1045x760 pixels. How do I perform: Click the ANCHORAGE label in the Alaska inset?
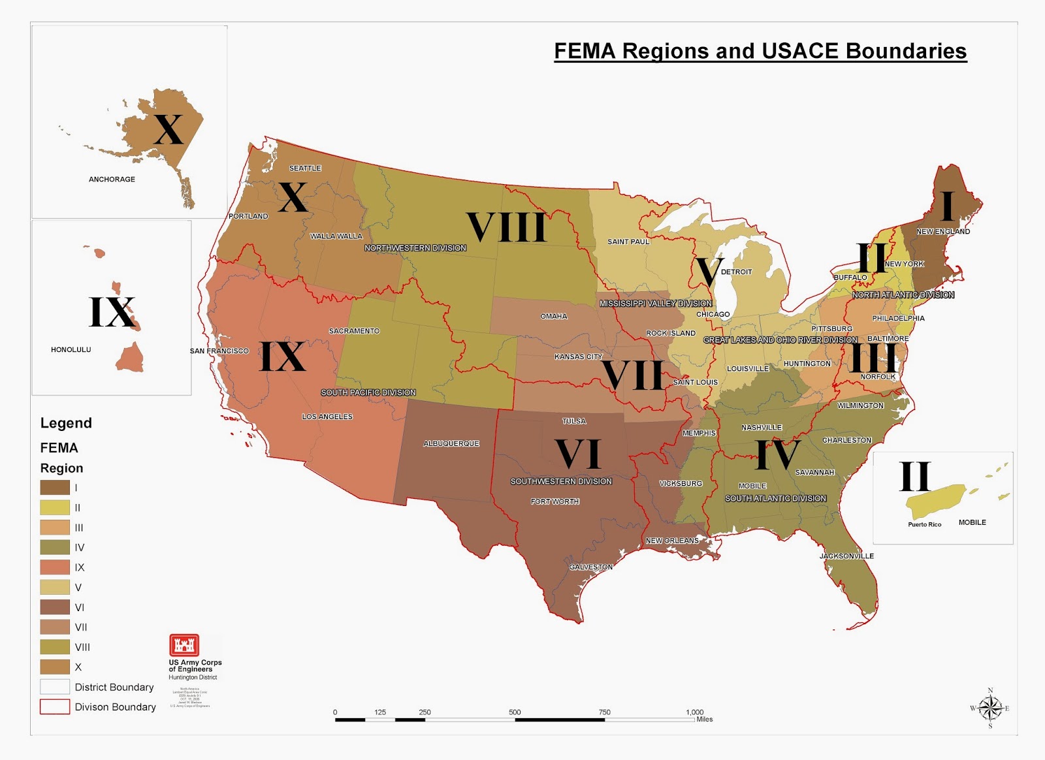point(112,179)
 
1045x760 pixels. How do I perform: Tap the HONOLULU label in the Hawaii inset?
point(71,350)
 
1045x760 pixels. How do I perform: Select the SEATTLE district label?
point(305,168)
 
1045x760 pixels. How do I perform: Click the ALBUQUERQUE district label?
point(451,444)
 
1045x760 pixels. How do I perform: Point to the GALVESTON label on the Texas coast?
point(591,567)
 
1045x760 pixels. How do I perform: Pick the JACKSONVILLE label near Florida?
point(846,556)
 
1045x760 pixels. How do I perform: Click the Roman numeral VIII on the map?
point(507,228)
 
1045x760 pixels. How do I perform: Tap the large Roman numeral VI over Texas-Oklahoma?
point(578,454)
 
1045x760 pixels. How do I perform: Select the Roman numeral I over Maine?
point(947,206)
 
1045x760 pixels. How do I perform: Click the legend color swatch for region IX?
point(55,567)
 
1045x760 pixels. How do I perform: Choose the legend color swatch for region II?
point(55,507)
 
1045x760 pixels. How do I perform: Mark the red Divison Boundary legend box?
point(55,707)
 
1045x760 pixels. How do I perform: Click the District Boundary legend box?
point(55,687)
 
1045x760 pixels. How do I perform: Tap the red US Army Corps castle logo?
point(184,645)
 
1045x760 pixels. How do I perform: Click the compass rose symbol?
point(990,708)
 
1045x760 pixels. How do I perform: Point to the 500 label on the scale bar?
point(515,712)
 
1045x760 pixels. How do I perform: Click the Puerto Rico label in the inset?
point(924,525)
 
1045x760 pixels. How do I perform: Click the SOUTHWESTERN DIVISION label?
point(561,482)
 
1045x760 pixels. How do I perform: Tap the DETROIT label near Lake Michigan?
point(737,272)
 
